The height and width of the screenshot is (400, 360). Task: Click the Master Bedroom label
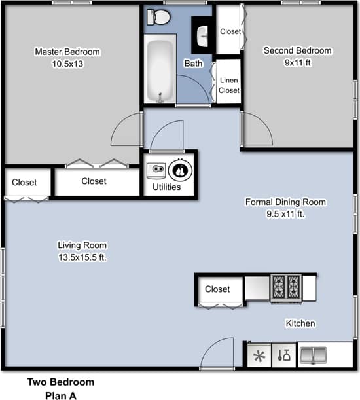[x=67, y=52]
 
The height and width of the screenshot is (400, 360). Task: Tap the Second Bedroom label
[x=297, y=51]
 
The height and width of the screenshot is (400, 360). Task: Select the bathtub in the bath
[x=160, y=69]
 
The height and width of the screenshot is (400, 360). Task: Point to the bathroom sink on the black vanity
[x=202, y=33]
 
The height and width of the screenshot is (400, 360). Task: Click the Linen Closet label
[x=229, y=85]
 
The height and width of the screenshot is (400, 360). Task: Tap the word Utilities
[x=166, y=187]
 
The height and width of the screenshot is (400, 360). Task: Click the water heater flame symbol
[x=179, y=170]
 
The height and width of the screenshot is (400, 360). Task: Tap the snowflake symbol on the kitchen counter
[x=259, y=356]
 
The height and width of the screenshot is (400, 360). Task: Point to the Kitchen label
[x=300, y=323]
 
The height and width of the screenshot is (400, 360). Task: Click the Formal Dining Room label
[x=285, y=202]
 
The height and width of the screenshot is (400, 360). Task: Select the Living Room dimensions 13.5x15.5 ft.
[x=82, y=257]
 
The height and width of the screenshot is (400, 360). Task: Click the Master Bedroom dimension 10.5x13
[x=67, y=64]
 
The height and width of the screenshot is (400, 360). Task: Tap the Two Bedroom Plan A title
[x=61, y=388]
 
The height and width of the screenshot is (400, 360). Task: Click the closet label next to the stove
[x=217, y=289]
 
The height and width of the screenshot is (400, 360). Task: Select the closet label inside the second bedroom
[x=230, y=31]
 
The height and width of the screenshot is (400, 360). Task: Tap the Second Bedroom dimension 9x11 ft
[x=297, y=64]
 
